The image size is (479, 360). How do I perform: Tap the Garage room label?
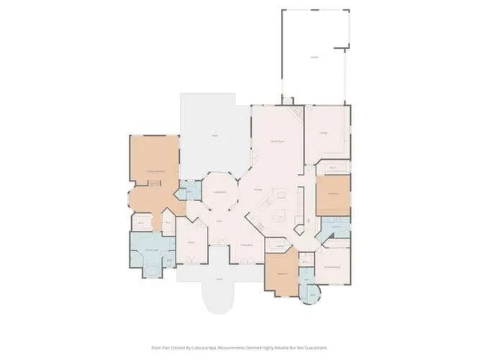tap(323, 133)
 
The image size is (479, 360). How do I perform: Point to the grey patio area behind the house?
tap(213, 135)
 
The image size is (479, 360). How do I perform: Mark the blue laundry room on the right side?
tap(335, 227)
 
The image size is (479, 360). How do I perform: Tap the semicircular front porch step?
tap(220, 299)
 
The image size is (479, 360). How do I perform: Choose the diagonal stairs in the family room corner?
tap(298, 113)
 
